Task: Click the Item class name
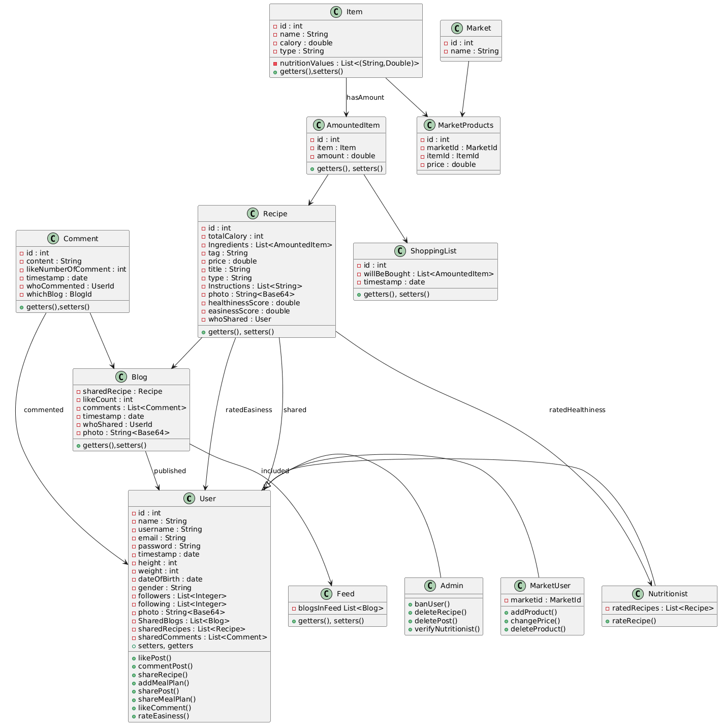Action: point(354,12)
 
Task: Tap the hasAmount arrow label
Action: point(365,97)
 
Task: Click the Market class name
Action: point(479,28)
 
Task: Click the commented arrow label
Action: point(44,410)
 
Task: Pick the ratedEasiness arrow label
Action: point(248,410)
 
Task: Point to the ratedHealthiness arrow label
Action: point(577,410)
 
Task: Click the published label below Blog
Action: point(170,471)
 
